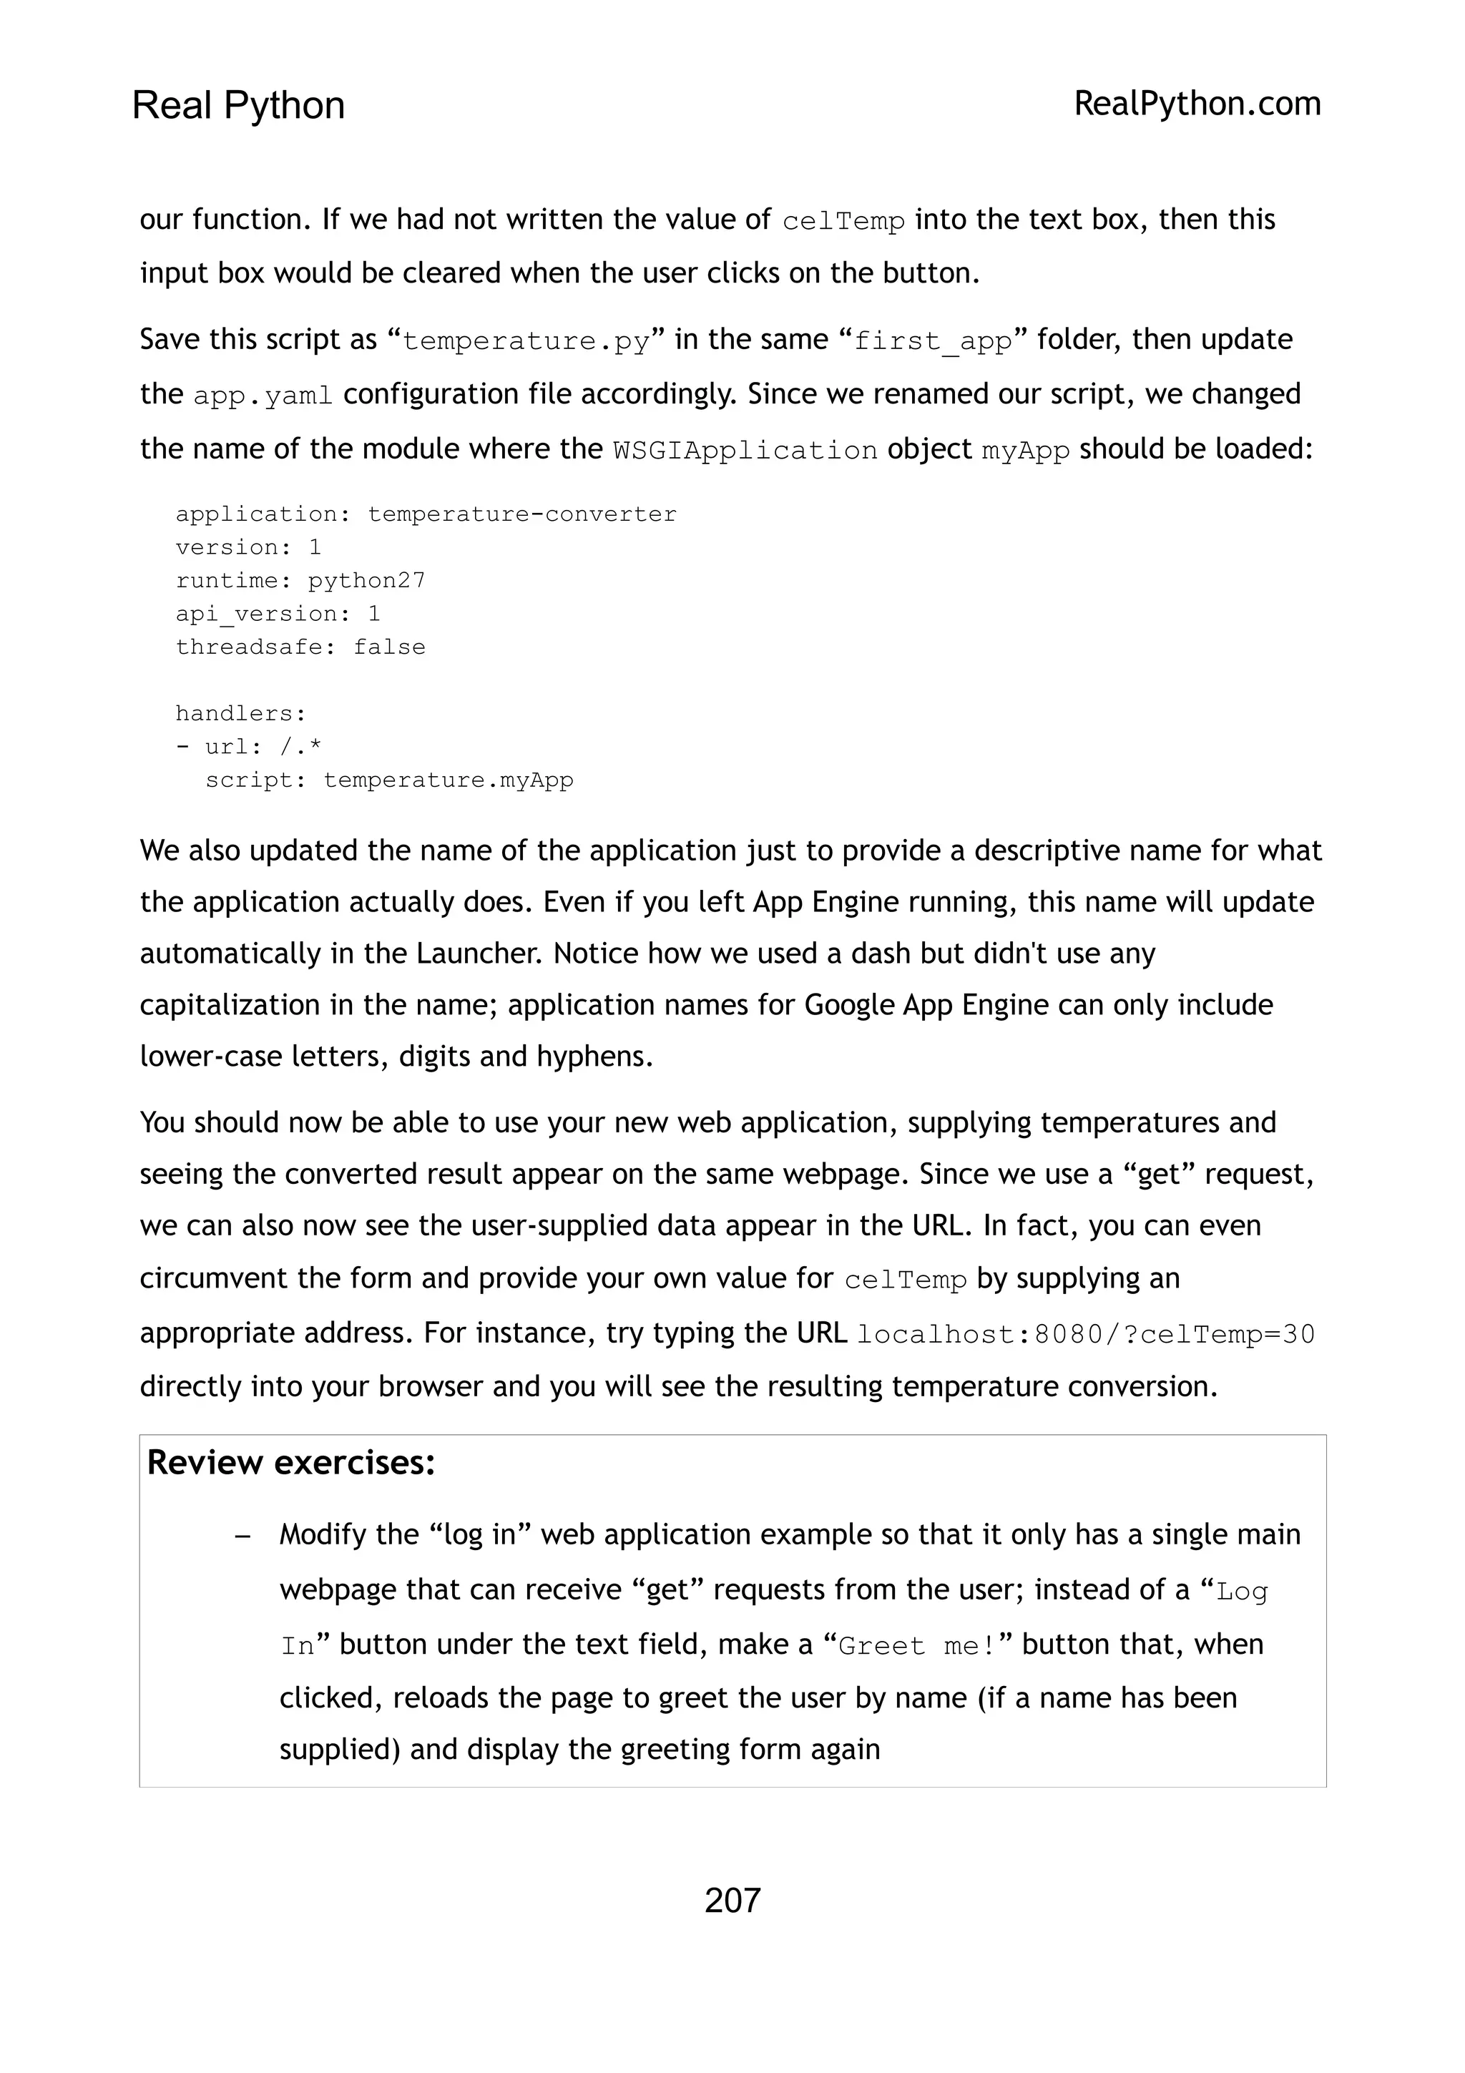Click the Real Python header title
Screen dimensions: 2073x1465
[238, 106]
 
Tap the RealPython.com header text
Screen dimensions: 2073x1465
[1197, 104]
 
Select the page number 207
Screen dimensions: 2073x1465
[732, 1900]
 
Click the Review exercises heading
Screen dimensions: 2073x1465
[290, 1461]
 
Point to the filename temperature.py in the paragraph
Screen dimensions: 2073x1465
[525, 341]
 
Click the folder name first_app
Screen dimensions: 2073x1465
[933, 341]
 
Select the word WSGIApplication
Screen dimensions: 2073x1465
[745, 451]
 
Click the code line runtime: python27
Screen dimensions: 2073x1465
[300, 581]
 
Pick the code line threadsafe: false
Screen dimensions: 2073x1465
[300, 647]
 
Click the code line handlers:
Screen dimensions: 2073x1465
[241, 713]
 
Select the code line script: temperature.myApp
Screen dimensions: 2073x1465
[389, 780]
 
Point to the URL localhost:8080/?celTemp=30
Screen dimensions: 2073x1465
[1085, 1335]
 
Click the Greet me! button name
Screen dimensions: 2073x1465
[916, 1646]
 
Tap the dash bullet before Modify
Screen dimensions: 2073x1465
[241, 1536]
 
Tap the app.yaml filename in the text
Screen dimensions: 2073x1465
[263, 396]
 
